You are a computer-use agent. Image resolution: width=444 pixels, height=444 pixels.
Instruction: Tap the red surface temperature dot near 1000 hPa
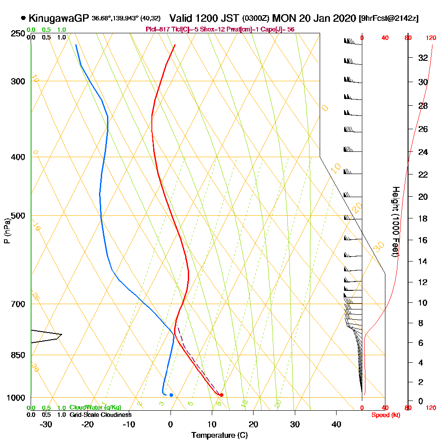221,395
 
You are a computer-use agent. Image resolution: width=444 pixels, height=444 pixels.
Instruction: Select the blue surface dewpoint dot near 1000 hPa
171,395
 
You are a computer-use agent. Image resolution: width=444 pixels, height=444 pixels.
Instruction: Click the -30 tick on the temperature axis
46,424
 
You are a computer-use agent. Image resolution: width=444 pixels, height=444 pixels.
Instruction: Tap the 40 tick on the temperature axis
337,424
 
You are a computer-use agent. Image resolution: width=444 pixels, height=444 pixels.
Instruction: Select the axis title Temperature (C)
219,435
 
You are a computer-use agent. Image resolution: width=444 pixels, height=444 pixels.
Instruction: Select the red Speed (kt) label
385,415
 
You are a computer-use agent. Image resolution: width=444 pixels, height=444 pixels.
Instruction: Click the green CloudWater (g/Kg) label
95,408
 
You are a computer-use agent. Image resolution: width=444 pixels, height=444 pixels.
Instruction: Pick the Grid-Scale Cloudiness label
100,415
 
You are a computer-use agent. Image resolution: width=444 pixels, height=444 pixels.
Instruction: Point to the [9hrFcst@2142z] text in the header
388,19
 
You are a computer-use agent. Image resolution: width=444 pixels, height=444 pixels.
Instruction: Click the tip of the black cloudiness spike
62,334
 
